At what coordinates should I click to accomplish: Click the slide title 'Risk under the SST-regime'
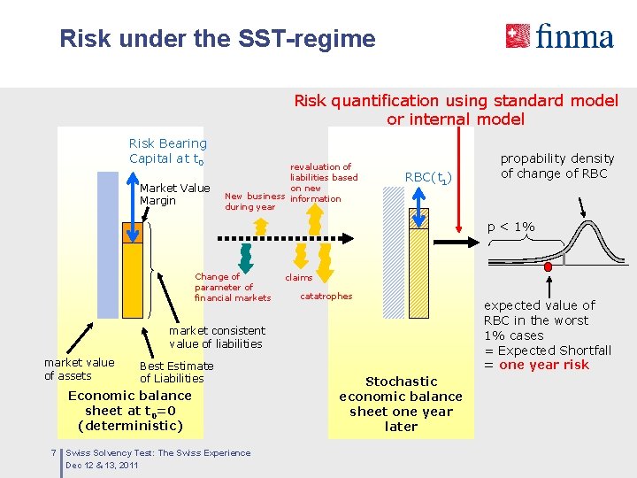pos(218,39)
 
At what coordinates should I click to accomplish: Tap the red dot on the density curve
pos(549,265)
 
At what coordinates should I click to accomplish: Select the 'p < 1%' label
pos(510,227)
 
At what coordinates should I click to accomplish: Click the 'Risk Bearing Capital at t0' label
pos(167,150)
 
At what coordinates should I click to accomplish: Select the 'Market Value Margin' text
pos(174,194)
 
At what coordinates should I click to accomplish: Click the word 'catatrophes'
pos(326,296)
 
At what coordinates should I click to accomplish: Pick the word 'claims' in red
pos(298,278)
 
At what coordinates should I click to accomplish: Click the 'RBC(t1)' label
pos(428,178)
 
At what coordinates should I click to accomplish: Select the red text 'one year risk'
pos(543,365)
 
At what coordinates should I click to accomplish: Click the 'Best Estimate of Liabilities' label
pos(176,372)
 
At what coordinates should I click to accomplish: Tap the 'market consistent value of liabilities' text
pos(216,337)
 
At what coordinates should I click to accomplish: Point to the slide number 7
pos(54,453)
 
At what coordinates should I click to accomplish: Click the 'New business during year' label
pos(255,201)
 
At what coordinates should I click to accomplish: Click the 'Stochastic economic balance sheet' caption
pos(401,404)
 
